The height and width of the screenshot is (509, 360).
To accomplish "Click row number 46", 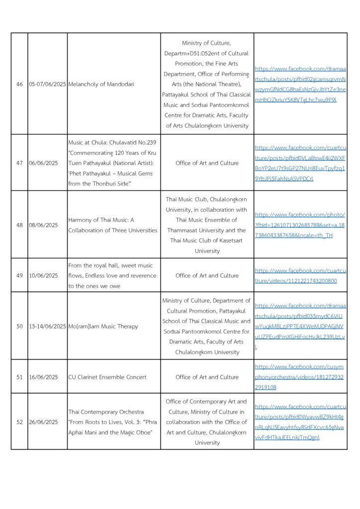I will (19, 84).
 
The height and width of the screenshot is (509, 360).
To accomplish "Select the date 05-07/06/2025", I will (47, 84).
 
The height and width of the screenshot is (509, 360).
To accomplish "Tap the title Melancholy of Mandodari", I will (101, 84).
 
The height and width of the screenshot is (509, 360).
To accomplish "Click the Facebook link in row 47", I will (300, 163).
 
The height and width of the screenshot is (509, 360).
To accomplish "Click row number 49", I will (19, 275).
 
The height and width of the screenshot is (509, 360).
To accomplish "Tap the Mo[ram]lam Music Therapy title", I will (103, 327).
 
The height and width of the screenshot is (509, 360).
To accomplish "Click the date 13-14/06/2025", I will (47, 327).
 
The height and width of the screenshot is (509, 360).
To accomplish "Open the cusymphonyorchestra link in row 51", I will (300, 377).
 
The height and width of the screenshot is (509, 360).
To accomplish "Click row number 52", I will (19, 422).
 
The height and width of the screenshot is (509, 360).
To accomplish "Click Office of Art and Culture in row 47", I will (207, 163).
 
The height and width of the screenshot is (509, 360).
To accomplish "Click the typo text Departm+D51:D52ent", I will (206, 53).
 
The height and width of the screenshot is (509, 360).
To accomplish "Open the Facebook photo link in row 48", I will (300, 225).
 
